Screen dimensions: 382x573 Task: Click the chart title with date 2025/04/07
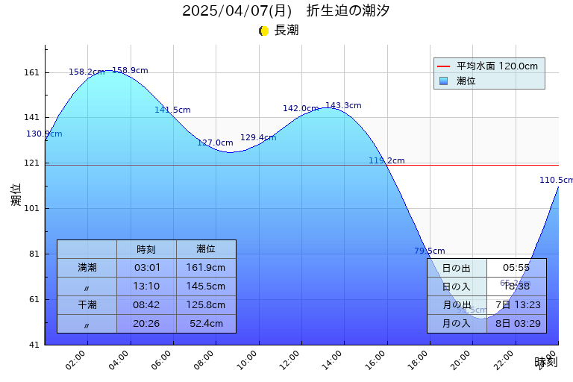pyautogui.click(x=286, y=11)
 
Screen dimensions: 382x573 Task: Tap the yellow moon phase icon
pyautogui.click(x=263, y=31)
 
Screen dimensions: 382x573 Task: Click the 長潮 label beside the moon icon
pyautogui.click(x=286, y=31)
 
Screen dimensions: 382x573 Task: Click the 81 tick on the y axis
pyautogui.click(x=34, y=254)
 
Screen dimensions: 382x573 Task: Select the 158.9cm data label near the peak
pyautogui.click(x=130, y=71)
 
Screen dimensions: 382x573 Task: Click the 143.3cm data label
pyautogui.click(x=343, y=106)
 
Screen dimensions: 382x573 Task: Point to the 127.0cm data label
pyautogui.click(x=215, y=143)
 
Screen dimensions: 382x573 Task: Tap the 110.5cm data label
pyautogui.click(x=557, y=181)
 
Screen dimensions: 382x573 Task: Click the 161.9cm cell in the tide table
pyautogui.click(x=206, y=267)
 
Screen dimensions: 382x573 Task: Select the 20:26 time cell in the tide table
pyautogui.click(x=146, y=324)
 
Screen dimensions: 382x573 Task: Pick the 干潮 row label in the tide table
pyautogui.click(x=87, y=304)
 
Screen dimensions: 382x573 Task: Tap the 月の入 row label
pyautogui.click(x=457, y=324)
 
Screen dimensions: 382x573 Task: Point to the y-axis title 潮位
pyautogui.click(x=16, y=195)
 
